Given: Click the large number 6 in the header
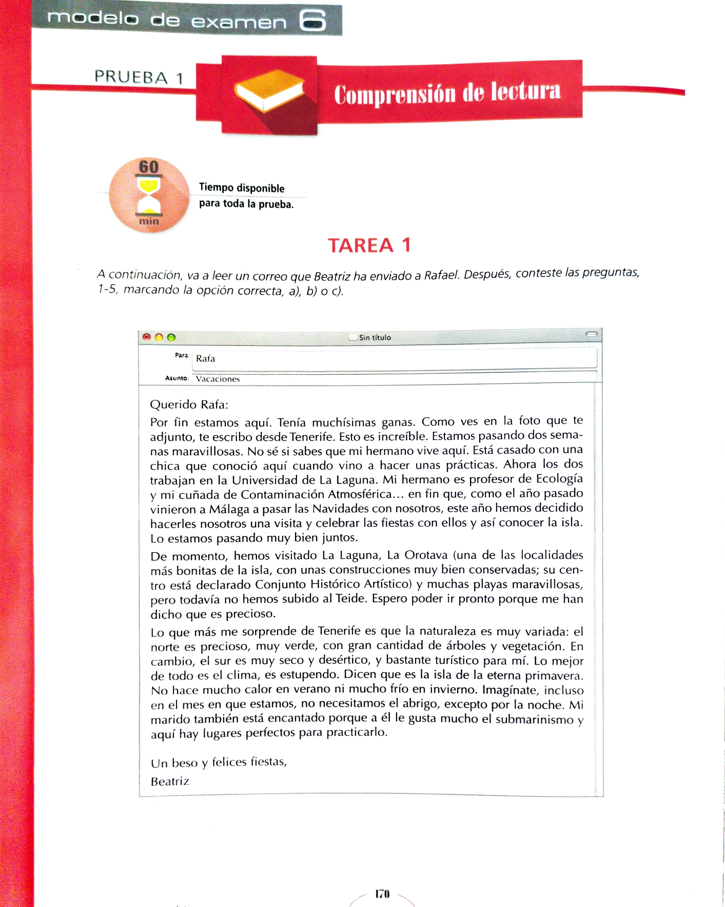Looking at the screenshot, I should coord(312,21).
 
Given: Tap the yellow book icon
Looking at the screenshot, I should coord(269,91).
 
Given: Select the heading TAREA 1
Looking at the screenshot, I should coord(369,245).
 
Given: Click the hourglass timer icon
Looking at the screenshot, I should coord(149,195).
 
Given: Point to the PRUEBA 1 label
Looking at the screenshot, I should coord(139,77).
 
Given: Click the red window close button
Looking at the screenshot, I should coord(147,337).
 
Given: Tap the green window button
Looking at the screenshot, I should coord(171,337).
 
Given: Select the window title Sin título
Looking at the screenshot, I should coord(375,337).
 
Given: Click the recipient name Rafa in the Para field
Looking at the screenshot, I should coord(205,358).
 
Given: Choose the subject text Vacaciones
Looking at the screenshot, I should coord(218,379).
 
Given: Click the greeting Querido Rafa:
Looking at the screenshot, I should coord(189,405).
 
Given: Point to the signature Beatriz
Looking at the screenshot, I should coord(170,781).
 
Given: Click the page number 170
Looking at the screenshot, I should coord(382,894).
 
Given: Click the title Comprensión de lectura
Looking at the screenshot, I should coord(447,93).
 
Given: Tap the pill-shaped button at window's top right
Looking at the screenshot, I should coord(591,334).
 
